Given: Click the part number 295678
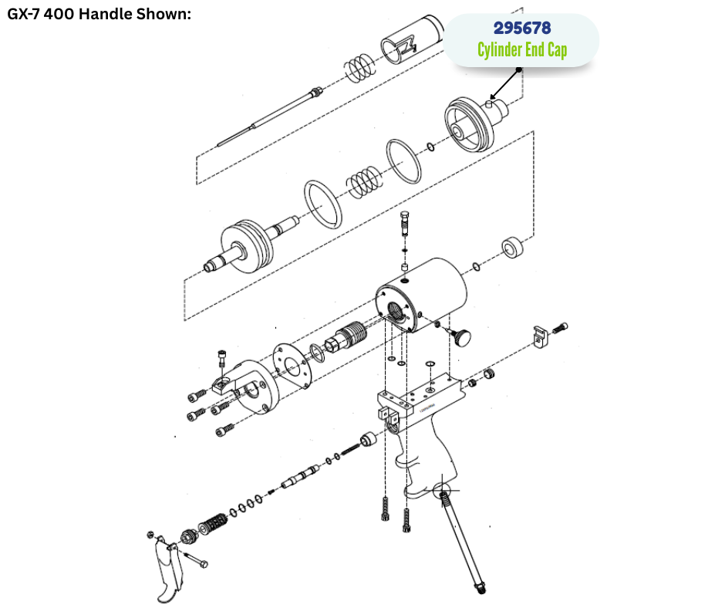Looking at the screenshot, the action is pos(522,28).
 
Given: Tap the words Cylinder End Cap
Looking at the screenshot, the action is pos(522,49).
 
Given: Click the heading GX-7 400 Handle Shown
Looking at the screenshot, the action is pos(99,14).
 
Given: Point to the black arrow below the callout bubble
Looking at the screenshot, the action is pos(505,85).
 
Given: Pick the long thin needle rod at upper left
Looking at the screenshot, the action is pos(270,117).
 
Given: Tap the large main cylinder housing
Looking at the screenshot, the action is pos(421,296).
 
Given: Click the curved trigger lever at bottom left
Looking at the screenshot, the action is pos(167,570).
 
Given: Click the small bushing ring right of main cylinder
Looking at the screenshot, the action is pos(513,247).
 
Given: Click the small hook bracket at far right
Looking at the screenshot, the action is pos(540,337).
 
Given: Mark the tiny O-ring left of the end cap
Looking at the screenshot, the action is pos(430,147).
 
